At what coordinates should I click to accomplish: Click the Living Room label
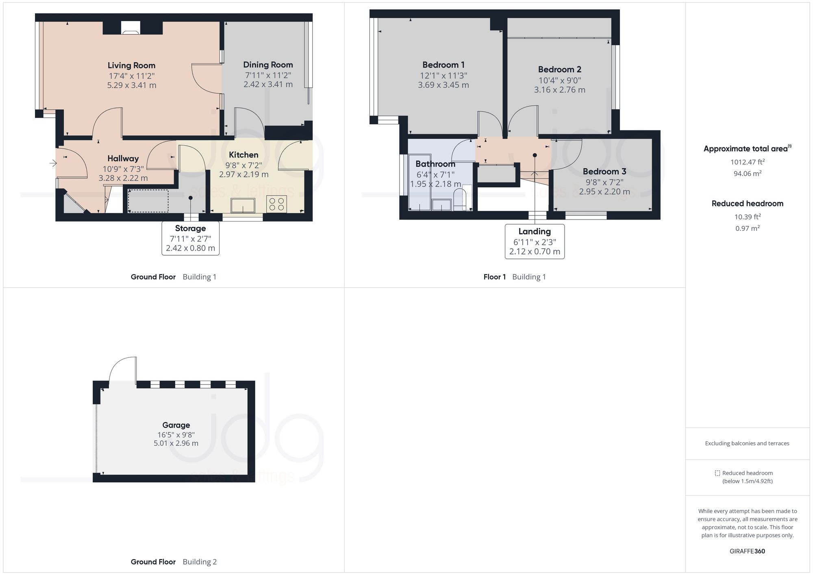click(131, 65)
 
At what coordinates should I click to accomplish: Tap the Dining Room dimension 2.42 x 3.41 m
click(268, 85)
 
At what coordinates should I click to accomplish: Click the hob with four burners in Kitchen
click(276, 204)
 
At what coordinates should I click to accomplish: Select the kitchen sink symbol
click(243, 205)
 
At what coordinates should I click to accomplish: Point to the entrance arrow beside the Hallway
click(53, 163)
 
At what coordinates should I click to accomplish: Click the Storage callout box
click(190, 238)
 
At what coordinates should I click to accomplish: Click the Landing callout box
click(535, 241)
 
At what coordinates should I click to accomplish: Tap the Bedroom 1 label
click(443, 65)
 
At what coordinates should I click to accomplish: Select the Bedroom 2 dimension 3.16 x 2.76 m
click(559, 90)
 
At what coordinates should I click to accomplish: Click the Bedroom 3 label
click(604, 171)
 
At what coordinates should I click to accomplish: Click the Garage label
click(176, 425)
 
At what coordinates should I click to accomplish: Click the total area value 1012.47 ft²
click(747, 162)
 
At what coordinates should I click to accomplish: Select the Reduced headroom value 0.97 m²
click(747, 228)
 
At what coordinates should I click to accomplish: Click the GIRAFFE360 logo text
click(747, 551)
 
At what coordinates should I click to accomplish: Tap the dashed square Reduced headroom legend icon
click(717, 473)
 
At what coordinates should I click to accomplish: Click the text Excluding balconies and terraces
click(747, 443)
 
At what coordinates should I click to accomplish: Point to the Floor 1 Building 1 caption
click(514, 277)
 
